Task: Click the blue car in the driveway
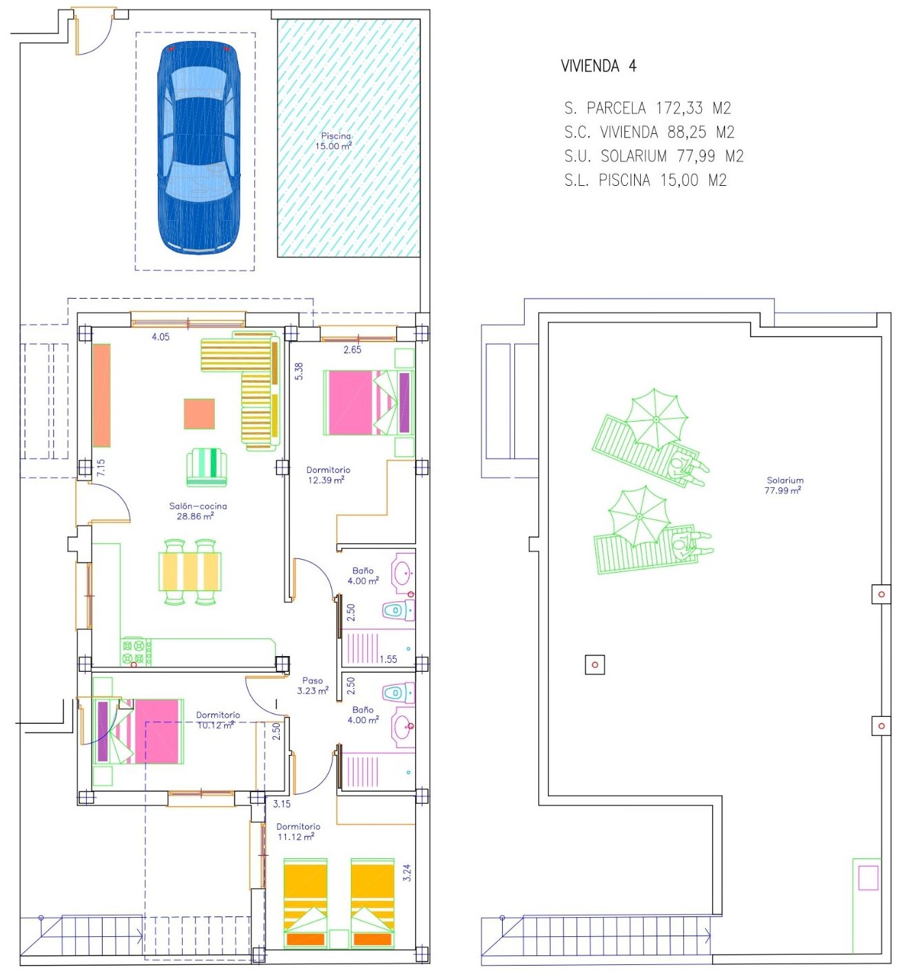coord(198,148)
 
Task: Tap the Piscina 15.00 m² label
coord(334,141)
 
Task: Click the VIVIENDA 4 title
coord(599,66)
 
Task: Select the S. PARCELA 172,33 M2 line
coord(648,107)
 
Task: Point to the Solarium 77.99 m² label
coord(785,485)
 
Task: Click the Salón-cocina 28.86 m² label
coord(198,511)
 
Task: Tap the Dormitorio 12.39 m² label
coord(328,475)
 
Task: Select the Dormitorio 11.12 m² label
coord(298,832)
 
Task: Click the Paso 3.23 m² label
coord(313,685)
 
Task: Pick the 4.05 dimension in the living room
coord(161,337)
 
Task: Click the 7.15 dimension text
coord(101,467)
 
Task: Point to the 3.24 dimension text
coord(407,873)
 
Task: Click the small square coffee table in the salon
coord(199,413)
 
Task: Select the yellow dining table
coord(190,571)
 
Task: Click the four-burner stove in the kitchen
coord(136,651)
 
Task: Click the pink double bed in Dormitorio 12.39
coord(369,403)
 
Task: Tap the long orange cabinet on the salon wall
coord(101,395)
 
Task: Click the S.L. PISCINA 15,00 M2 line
coord(646,180)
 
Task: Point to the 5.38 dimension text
coord(299,371)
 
